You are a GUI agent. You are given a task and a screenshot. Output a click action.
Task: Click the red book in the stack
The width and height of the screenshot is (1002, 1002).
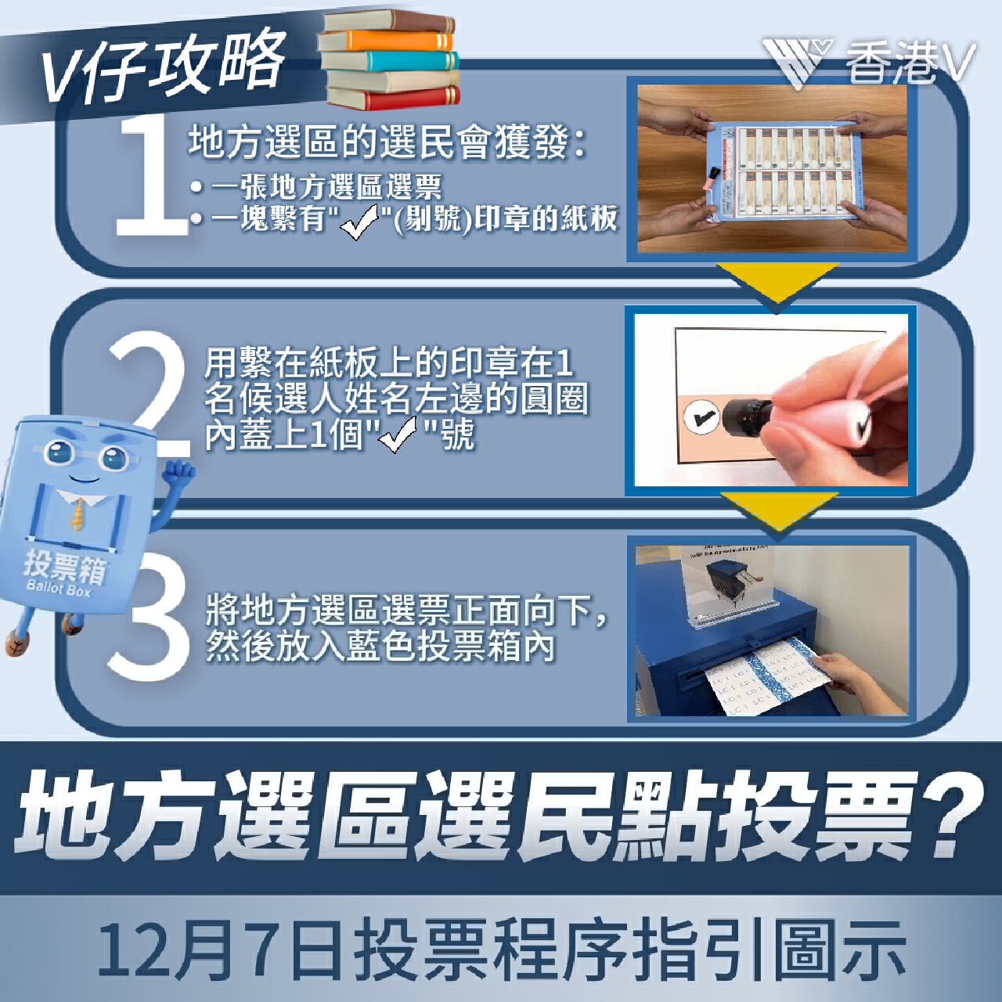coord(393,99)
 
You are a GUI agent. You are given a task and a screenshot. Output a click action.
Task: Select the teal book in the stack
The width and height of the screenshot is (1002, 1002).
coord(390,61)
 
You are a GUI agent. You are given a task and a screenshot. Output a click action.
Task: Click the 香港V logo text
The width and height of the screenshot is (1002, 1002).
coord(910,63)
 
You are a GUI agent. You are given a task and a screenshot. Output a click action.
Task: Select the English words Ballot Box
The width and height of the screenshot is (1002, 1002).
coord(58,589)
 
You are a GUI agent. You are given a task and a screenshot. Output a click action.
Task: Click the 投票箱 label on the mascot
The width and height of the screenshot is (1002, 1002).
coord(65,566)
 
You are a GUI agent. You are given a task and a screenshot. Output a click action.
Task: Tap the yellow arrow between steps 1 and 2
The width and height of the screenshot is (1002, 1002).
coord(777,283)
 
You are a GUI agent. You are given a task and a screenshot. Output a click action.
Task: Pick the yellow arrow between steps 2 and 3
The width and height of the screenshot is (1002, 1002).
coord(778,512)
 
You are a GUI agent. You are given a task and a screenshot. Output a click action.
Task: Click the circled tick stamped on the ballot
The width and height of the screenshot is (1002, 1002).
coord(700,416)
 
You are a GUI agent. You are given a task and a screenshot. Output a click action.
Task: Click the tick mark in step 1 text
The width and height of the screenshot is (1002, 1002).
coord(359,221)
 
